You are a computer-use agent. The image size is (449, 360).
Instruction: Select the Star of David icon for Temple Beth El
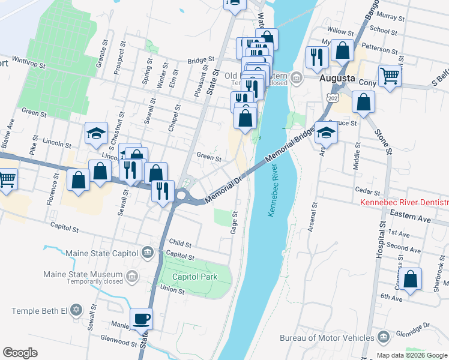click(76, 311)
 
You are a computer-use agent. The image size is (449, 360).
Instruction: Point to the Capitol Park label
click(193, 277)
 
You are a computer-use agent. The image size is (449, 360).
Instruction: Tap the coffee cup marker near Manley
click(142, 319)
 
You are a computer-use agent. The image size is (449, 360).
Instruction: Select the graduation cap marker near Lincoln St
click(96, 134)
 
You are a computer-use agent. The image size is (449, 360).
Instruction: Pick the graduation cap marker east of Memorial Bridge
click(326, 133)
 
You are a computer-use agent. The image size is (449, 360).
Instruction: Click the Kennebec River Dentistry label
click(404, 203)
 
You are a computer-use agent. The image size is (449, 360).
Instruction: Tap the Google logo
click(20, 353)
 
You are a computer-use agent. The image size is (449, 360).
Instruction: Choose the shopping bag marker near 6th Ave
click(411, 280)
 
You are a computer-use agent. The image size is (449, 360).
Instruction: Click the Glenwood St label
click(119, 343)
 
